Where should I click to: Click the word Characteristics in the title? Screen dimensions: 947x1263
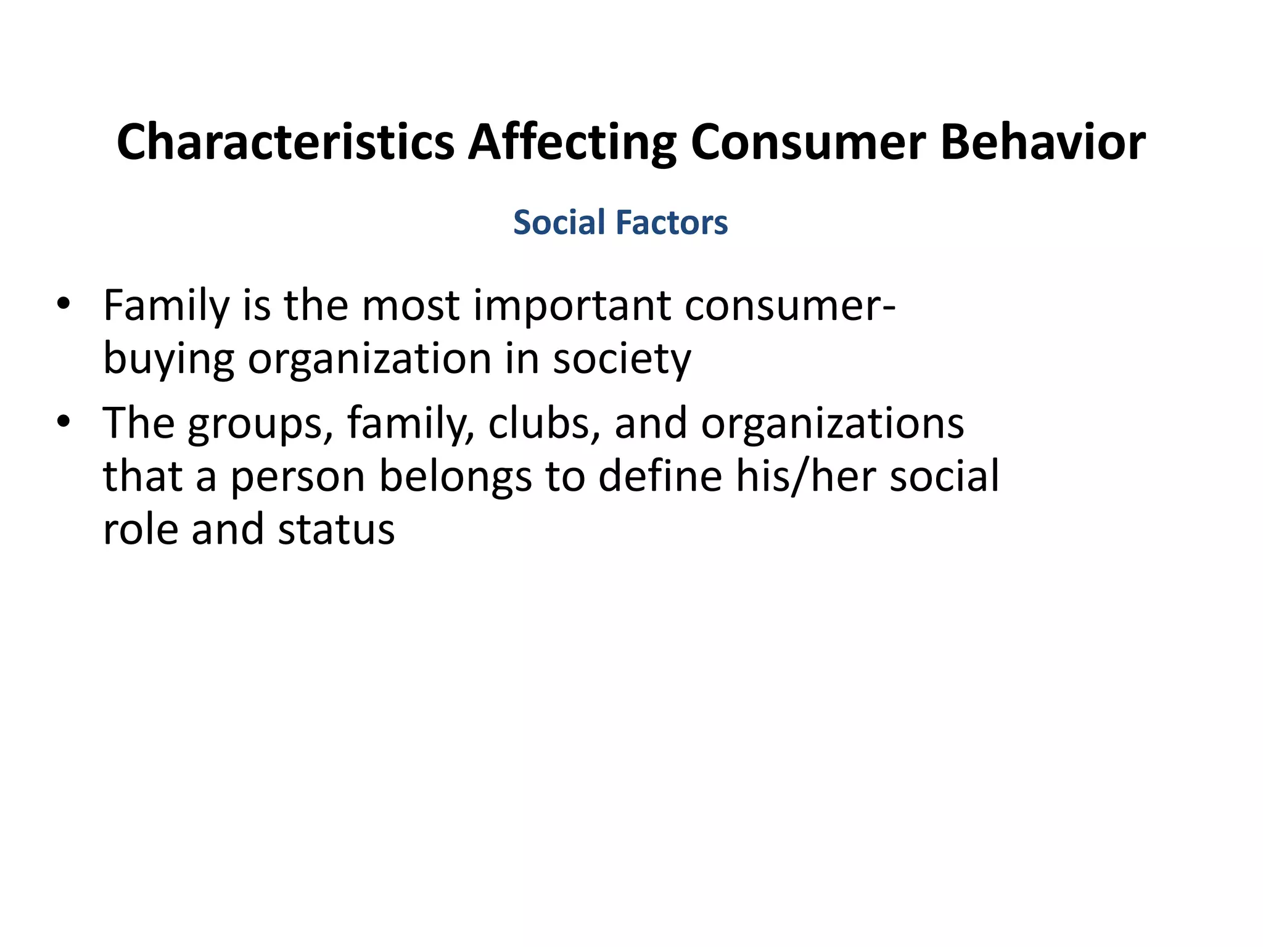point(286,142)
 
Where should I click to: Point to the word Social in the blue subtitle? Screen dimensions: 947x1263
point(559,223)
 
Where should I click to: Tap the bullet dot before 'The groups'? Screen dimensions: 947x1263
point(63,422)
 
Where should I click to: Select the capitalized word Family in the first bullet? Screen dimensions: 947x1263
point(166,306)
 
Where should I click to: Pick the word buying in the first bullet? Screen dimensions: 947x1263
point(168,359)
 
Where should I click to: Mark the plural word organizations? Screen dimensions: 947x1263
point(832,425)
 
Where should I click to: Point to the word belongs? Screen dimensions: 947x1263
point(455,477)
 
